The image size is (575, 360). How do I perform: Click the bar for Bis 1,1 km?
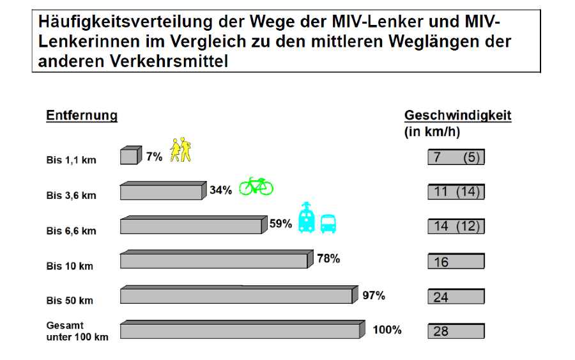[x=130, y=156]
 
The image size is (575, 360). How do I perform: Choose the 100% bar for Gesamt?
[x=241, y=331]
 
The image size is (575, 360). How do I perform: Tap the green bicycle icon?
[x=256, y=186]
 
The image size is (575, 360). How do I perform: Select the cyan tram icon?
[x=307, y=218]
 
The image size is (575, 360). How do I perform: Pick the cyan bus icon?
[x=328, y=223]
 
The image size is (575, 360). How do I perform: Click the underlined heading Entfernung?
[x=82, y=116]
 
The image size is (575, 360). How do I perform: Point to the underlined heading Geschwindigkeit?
[x=457, y=116]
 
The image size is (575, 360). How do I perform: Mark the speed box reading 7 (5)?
[x=456, y=157]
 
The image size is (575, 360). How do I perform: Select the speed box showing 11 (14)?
[x=456, y=192]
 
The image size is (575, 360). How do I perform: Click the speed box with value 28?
[x=456, y=331]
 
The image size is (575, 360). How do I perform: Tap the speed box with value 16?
[x=456, y=262]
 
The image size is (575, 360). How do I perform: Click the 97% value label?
[x=374, y=295]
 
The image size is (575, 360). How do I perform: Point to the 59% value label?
[x=280, y=224]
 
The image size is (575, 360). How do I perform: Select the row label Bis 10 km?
[x=70, y=266]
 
